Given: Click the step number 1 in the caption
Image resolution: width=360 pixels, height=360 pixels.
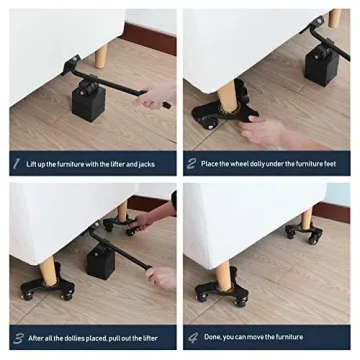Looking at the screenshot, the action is [16, 164].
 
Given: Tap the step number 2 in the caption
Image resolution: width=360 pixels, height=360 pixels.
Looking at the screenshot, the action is [191, 164].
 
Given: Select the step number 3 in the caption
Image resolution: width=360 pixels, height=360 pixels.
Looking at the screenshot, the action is [18, 338].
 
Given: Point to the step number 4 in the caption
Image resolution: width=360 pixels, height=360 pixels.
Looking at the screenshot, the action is [193, 338].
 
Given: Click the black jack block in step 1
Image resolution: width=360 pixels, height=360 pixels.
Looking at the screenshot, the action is [89, 102].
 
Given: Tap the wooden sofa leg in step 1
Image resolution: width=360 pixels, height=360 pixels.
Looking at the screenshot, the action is [101, 56].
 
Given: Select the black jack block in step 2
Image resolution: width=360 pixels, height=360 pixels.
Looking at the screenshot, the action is [321, 66].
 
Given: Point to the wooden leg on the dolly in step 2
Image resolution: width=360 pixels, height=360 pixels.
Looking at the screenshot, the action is [227, 95].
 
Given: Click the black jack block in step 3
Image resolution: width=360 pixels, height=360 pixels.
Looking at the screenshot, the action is [101, 260].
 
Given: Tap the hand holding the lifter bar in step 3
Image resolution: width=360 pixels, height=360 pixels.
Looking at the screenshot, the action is [161, 277].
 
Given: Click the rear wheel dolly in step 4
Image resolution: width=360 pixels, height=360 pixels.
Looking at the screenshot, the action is [304, 232].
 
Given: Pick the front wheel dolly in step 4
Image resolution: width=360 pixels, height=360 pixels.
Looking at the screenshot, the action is [222, 291].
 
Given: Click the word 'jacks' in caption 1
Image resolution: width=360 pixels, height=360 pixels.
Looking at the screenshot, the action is [145, 164].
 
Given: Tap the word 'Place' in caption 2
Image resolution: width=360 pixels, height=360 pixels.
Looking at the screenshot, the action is [209, 164].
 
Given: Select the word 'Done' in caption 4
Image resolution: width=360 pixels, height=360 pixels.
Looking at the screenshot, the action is [213, 337].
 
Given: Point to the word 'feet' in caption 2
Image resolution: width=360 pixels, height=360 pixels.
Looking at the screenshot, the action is [330, 164].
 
